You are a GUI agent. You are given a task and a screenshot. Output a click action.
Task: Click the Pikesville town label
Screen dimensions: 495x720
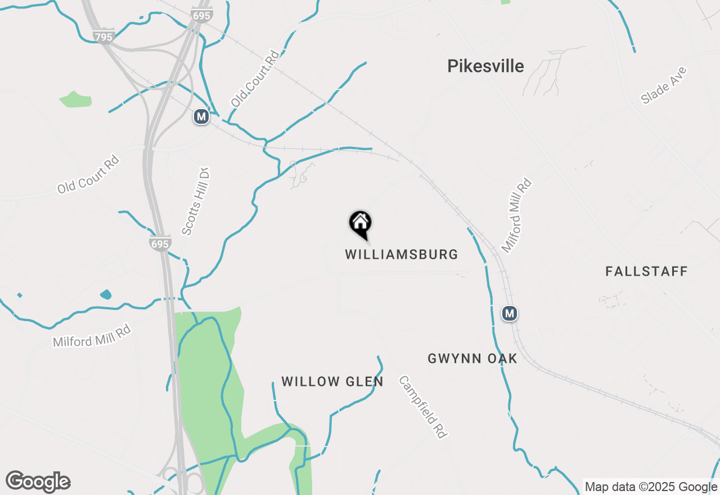pos(485,66)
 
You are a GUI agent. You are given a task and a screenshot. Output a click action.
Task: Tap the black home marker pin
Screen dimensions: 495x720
pos(361,224)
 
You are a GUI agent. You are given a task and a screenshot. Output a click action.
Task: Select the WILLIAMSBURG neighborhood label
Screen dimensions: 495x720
pos(402,255)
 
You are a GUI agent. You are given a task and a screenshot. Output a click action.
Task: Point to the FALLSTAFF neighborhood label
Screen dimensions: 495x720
pos(646,272)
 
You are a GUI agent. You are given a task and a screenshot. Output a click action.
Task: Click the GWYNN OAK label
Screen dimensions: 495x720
pos(472,359)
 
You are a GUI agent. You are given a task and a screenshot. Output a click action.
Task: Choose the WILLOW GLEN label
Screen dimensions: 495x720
pos(332,382)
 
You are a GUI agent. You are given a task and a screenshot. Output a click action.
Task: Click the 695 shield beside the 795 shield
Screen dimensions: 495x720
pos(201,15)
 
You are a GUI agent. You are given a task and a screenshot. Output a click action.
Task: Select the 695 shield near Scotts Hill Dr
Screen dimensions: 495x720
pos(160,244)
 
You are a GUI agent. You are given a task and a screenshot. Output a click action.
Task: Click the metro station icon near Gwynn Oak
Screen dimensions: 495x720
pos(510,313)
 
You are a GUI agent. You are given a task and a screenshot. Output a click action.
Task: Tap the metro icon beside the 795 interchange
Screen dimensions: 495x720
pos(201,117)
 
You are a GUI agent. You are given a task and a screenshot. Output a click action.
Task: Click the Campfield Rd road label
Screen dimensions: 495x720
pos(422,407)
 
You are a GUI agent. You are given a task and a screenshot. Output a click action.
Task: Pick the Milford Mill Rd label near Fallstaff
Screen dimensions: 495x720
pos(516,215)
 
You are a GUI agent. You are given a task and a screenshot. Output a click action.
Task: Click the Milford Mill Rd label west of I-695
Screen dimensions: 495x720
pos(92,335)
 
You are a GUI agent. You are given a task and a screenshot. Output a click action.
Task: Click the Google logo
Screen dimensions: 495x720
pos(38,481)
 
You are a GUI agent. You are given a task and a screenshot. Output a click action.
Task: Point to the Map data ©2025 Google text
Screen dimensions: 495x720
pos(651,487)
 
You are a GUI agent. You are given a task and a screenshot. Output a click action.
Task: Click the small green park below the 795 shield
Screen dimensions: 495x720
pos(76,100)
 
